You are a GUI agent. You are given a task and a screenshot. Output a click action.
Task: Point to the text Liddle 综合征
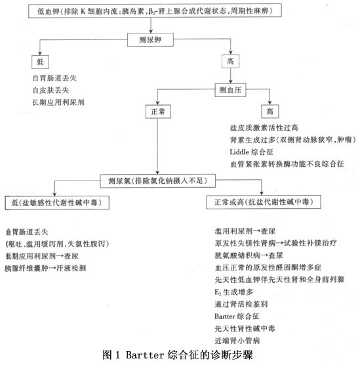pos(251,152)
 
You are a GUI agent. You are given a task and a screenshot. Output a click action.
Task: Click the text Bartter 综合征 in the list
pos(237,316)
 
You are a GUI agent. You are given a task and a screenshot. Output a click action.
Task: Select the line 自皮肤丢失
pos(50,91)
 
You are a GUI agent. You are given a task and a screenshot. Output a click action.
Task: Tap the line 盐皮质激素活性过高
pos(264,128)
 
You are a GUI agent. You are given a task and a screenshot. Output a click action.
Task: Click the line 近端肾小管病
pos(237,341)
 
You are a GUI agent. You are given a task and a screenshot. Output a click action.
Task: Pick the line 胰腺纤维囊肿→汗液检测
pos(45,268)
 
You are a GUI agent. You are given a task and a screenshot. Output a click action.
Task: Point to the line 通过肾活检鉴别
pos(241,304)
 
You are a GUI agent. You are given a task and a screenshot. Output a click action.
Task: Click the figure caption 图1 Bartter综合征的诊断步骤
pos(178,355)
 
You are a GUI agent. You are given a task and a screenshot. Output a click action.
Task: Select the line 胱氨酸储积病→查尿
pos(249,255)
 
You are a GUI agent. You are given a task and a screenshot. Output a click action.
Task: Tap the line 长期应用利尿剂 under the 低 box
pos(58,102)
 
